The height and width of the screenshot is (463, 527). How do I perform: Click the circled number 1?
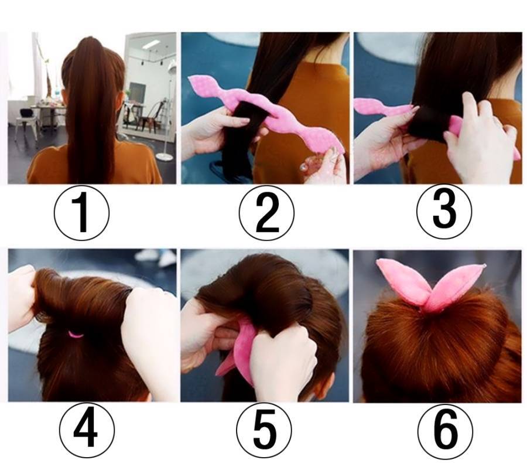(x=81, y=212)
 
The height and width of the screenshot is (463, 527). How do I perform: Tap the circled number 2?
(x=266, y=212)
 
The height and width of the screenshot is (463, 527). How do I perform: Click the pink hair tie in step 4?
(x=76, y=335)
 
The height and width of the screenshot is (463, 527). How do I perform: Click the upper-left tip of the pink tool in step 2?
(x=190, y=78)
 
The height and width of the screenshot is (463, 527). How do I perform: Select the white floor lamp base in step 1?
(x=165, y=156)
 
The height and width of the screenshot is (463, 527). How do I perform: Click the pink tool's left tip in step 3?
(x=355, y=103)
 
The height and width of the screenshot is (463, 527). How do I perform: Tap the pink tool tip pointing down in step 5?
(x=218, y=373)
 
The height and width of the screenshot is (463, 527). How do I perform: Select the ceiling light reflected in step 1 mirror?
(x=150, y=44)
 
